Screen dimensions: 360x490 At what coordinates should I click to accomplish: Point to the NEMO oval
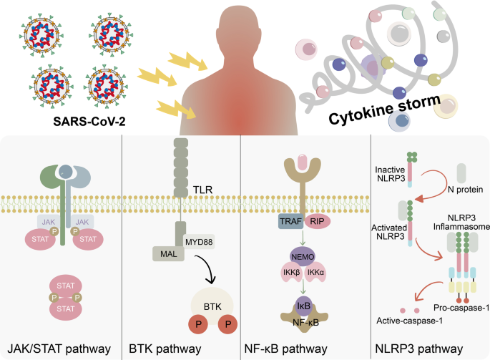tap(300, 256)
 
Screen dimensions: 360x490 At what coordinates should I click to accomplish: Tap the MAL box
tap(167, 253)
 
